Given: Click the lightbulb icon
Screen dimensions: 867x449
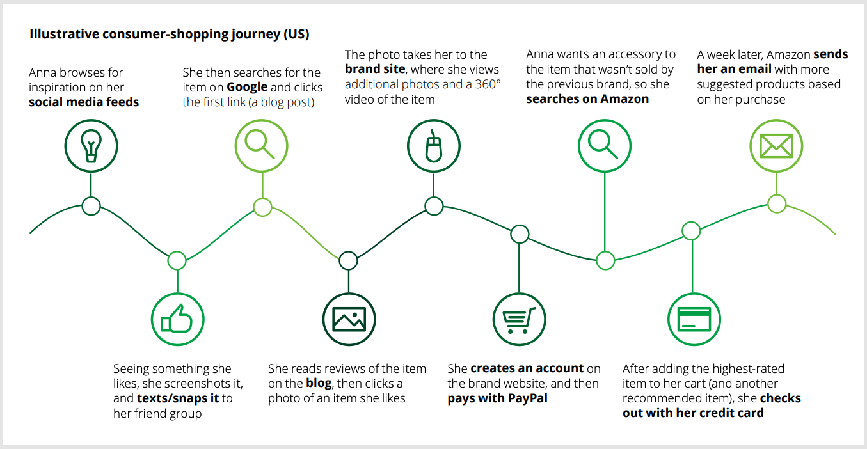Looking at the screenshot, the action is coord(91,146).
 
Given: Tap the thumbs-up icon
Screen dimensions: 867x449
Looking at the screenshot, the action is coord(177,319).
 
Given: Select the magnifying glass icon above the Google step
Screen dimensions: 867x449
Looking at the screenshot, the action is coord(261,146).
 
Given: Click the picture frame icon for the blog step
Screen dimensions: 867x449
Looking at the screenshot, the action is coord(349,319).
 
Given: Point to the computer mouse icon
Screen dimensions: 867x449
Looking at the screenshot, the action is coord(434,146).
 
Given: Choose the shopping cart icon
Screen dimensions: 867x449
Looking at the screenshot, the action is coord(520,319).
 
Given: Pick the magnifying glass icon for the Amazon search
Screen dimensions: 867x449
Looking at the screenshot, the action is coord(605,146).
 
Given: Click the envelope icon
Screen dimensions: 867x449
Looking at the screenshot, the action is coord(776,146).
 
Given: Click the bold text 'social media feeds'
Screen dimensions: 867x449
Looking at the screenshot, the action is coord(84,102).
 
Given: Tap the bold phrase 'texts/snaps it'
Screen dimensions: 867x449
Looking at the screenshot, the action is coord(178,398).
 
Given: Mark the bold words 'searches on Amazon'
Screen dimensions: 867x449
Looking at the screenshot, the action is coord(587,99).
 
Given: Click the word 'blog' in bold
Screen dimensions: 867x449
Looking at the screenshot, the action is coord(318,384).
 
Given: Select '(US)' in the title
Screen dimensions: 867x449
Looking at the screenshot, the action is coord(296,35).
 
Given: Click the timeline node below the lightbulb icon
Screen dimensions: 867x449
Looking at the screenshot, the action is coord(91,206).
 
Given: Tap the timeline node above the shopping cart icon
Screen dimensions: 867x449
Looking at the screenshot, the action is coord(520,234).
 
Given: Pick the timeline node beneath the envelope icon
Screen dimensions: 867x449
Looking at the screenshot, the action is coord(777,204).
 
